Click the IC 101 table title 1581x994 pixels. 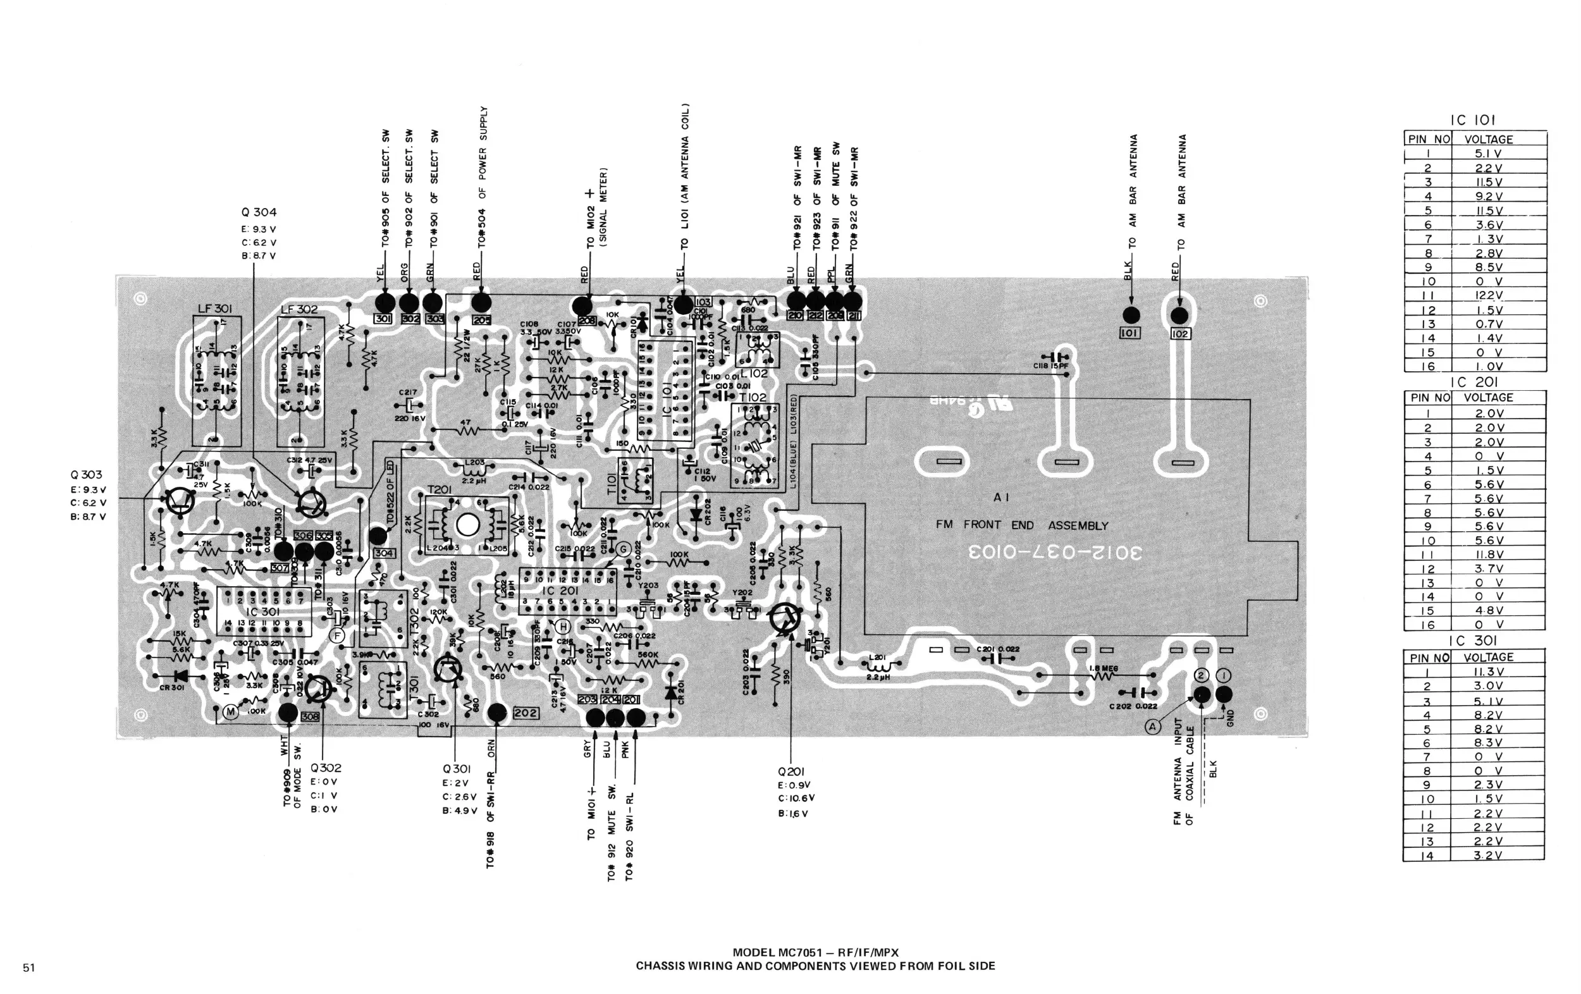click(x=1472, y=120)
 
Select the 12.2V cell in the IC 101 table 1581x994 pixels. click(x=1489, y=295)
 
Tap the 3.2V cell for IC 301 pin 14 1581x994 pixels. click(x=1487, y=856)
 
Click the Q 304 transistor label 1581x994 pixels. click(x=259, y=212)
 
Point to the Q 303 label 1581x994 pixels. click(x=86, y=475)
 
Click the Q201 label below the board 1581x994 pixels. click(x=790, y=771)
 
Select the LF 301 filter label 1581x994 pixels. click(x=214, y=309)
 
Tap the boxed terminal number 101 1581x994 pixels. click(x=1130, y=333)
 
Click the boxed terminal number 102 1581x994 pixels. click(x=1180, y=333)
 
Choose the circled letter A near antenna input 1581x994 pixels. click(x=1153, y=726)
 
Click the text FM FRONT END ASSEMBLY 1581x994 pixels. click(x=1021, y=525)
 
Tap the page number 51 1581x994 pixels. click(x=29, y=967)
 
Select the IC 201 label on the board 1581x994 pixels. click(x=560, y=590)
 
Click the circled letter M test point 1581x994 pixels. click(x=230, y=713)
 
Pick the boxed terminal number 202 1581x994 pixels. click(x=526, y=713)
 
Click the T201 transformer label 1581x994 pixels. click(x=440, y=491)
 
